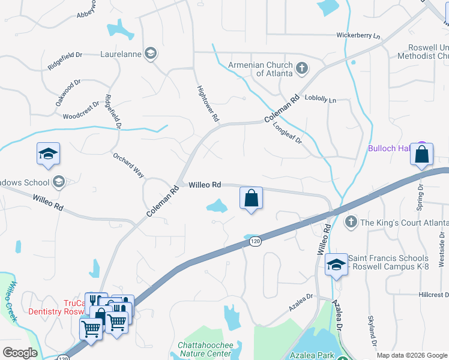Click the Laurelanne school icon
pyautogui.click(x=151, y=53)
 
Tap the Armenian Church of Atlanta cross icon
pyautogui.click(x=302, y=68)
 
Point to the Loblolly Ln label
pyautogui.click(x=320, y=98)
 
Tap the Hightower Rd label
pyautogui.click(x=208, y=104)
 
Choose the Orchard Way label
pyautogui.click(x=129, y=165)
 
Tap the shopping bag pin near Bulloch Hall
pyautogui.click(x=422, y=154)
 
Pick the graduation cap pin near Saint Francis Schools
pyautogui.click(x=336, y=265)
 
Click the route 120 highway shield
pyautogui.click(x=255, y=241)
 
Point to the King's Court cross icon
pyautogui.click(x=352, y=223)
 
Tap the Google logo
pyautogui.click(x=20, y=353)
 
